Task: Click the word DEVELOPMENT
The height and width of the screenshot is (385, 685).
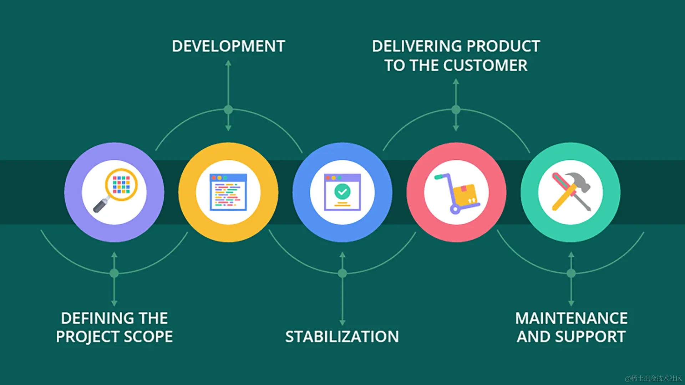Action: (228, 46)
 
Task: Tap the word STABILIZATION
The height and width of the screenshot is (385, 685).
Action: (342, 337)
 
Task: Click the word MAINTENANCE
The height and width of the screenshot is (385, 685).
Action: (571, 318)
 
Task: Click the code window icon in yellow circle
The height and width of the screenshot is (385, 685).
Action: (228, 192)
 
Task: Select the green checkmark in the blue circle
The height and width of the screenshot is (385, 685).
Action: (342, 191)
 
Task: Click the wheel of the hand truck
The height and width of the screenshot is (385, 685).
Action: (455, 209)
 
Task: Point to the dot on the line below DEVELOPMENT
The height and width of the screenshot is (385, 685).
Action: (228, 110)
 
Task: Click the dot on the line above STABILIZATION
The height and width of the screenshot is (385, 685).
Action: (342, 273)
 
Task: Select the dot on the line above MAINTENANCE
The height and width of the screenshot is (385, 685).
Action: (571, 273)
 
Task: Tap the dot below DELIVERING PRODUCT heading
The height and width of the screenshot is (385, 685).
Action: (456, 110)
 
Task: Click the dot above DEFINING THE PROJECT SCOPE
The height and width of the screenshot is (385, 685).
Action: (114, 273)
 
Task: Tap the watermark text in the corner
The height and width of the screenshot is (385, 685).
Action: (653, 378)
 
